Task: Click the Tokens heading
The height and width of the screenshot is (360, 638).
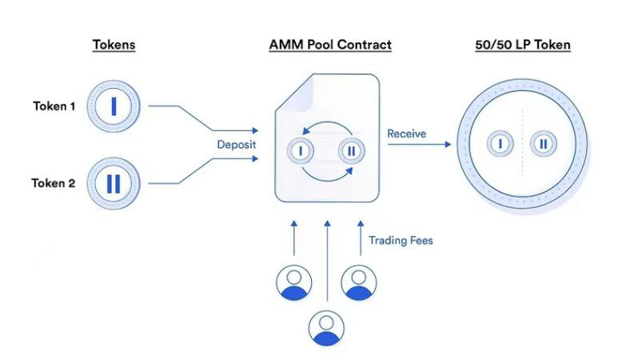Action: (x=113, y=45)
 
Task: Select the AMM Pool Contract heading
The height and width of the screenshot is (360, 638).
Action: (x=330, y=45)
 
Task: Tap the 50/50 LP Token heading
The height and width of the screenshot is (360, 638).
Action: (x=523, y=45)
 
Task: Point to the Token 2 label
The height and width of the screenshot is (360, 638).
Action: (x=54, y=183)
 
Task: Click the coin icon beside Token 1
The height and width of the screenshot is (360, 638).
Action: (x=114, y=105)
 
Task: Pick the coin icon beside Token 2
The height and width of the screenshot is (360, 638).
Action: (x=114, y=183)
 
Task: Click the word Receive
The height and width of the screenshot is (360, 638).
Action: (x=407, y=133)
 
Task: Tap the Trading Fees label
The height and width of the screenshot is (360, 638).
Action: (x=400, y=240)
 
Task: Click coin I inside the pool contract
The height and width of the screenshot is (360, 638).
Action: (x=301, y=150)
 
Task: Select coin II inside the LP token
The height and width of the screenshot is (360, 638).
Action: (x=544, y=144)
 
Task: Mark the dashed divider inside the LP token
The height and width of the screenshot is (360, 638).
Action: (x=523, y=144)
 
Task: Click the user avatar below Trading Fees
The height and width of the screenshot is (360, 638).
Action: (x=359, y=282)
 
